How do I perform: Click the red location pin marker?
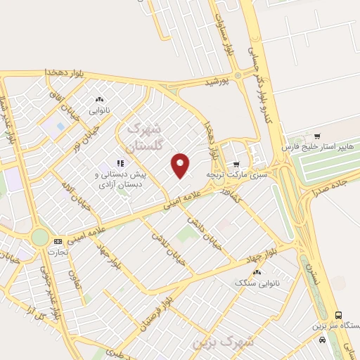pos(181,165)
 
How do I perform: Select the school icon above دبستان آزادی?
pos(110,164)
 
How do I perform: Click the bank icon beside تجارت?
pos(58,240)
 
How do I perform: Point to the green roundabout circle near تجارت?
pos(41,237)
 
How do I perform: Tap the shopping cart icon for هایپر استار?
pos(317,136)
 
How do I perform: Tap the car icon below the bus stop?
pos(322,340)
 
